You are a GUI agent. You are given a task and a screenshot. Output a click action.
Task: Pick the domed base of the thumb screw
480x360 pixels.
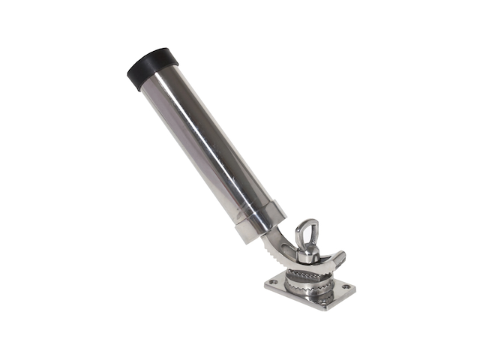(307, 256)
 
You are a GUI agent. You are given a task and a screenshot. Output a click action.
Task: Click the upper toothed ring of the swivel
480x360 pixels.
(307, 276)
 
